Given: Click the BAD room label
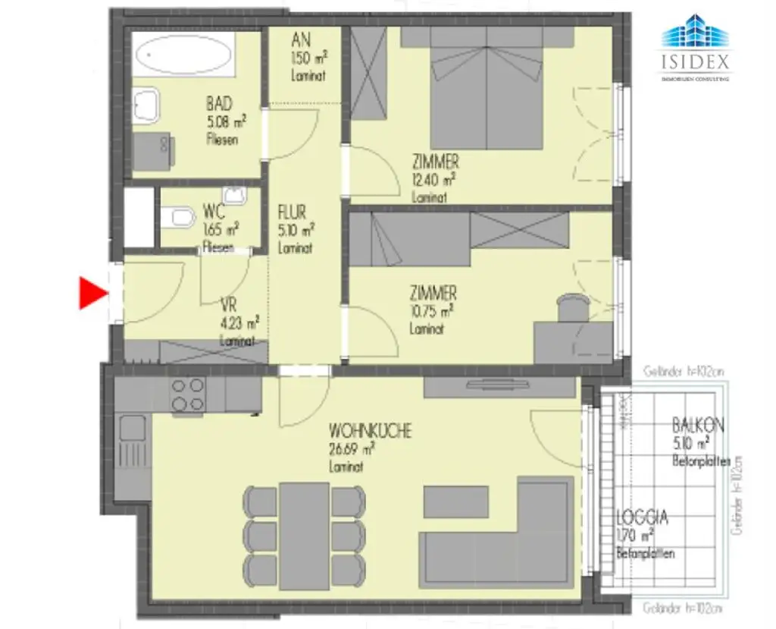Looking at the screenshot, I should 219,104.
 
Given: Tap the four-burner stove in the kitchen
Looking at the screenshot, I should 188,395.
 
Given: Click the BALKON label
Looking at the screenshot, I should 697,426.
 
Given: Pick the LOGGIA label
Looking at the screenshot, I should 642,518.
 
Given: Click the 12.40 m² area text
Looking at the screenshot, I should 433,180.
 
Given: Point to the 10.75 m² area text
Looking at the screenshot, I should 431,310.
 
